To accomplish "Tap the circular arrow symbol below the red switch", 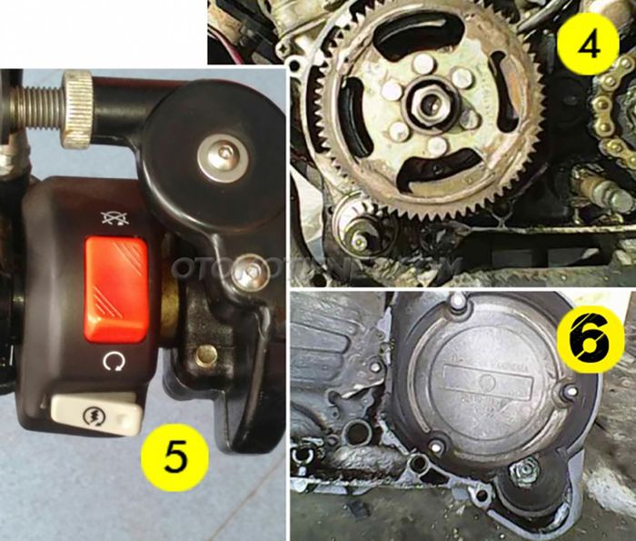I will click(x=114, y=363).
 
